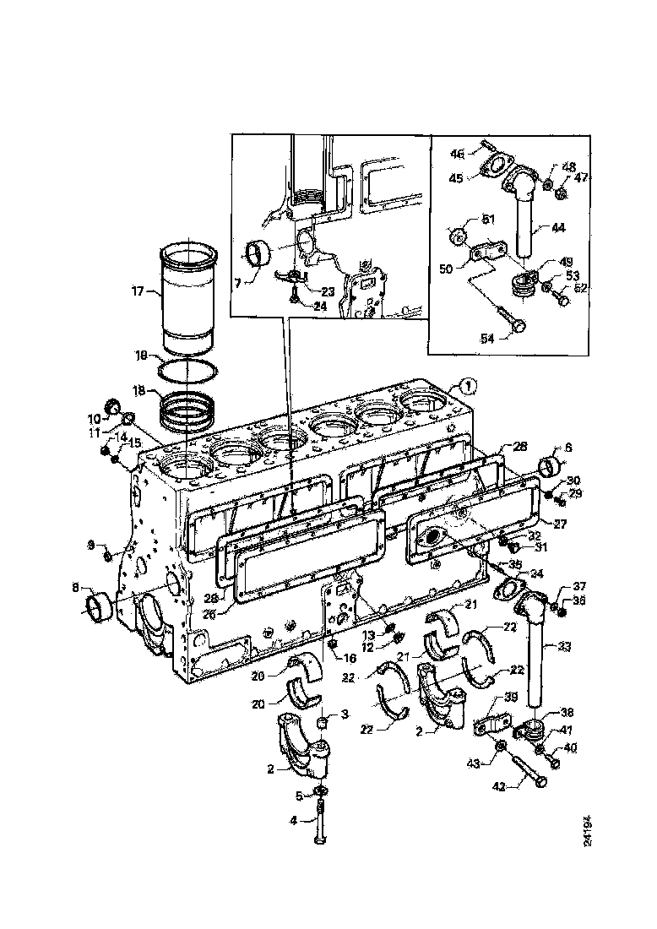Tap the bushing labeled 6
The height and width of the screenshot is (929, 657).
click(553, 465)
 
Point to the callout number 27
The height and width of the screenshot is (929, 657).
click(559, 524)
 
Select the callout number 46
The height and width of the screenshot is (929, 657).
click(481, 155)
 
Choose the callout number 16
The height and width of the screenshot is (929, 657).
click(350, 656)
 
